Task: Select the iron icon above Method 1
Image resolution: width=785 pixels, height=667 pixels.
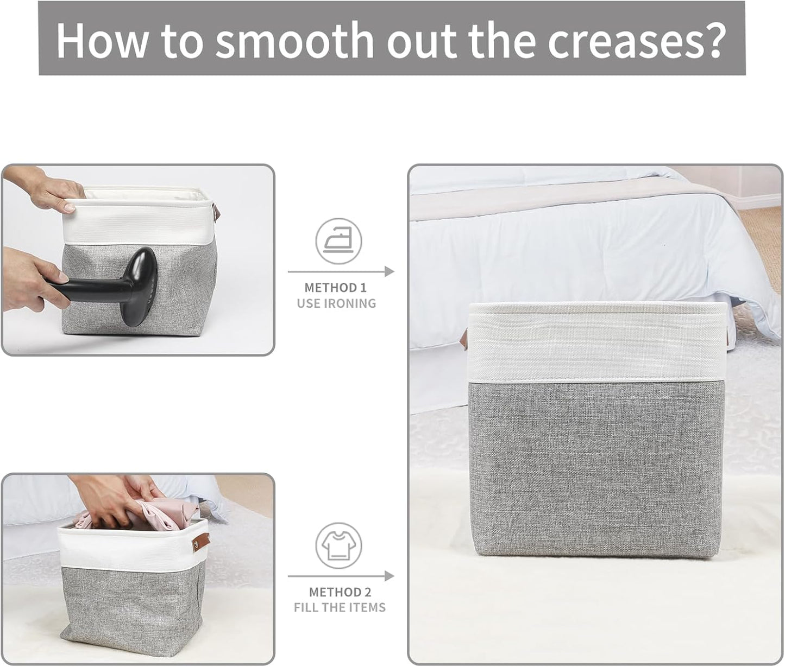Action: pos(338,240)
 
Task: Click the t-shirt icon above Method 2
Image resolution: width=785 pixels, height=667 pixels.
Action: pos(338,545)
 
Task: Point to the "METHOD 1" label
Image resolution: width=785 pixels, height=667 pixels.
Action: pos(338,288)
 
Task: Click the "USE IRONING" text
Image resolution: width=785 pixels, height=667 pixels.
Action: pos(336,303)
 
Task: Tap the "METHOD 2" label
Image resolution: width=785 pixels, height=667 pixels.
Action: pos(340,592)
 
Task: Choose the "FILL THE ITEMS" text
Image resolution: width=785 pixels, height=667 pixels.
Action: pos(340,607)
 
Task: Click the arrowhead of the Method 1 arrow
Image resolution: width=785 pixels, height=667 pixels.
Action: pos(389,271)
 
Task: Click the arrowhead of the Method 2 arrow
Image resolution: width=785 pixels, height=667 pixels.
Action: pos(389,576)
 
